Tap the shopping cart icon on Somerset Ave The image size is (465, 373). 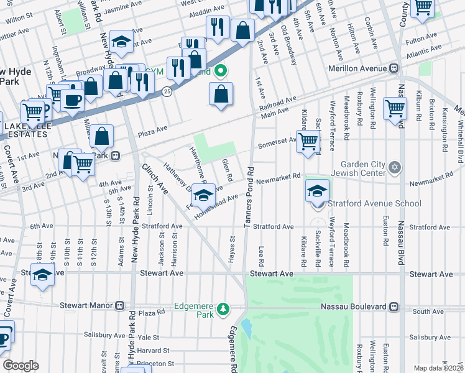pyautogui.click(x=308, y=141)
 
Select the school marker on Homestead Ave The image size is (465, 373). pyautogui.click(x=203, y=195)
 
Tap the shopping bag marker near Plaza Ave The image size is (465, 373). pyautogui.click(x=101, y=136)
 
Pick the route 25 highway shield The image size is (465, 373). pyautogui.click(x=167, y=91)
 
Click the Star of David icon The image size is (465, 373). pyautogui.click(x=394, y=167)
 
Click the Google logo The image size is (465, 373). pyautogui.click(x=21, y=366)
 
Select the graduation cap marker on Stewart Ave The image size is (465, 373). pyautogui.click(x=43, y=275)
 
